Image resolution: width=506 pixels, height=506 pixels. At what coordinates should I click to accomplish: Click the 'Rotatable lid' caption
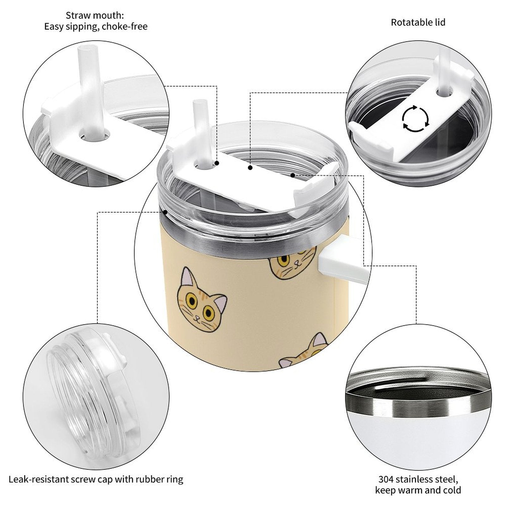418,22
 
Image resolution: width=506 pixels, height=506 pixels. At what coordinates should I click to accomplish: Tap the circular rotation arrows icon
416,119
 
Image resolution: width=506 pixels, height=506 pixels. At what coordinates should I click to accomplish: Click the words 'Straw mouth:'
95,15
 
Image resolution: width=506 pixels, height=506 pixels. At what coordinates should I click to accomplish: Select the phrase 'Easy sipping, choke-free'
96,27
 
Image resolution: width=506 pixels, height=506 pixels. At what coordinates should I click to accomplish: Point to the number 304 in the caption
386,479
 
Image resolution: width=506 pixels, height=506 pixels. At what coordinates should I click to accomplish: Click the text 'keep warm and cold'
418,491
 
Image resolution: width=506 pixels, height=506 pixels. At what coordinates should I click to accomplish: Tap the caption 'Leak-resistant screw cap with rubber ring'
96,479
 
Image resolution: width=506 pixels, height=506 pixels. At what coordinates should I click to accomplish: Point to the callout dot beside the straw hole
217,163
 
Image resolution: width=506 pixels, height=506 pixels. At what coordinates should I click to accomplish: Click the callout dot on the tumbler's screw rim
165,212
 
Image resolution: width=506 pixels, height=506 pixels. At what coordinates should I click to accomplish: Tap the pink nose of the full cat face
197,317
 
